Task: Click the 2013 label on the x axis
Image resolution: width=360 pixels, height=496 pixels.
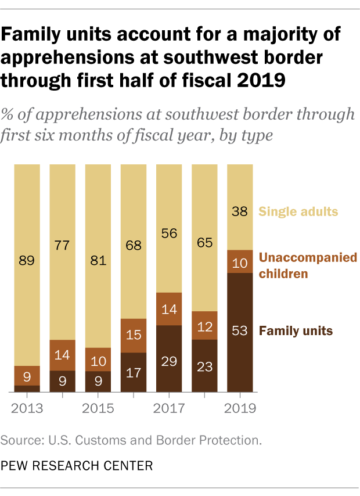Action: point(27,408)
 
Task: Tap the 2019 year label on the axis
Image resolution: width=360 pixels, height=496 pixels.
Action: point(240,408)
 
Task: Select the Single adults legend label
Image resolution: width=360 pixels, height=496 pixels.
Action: point(298,211)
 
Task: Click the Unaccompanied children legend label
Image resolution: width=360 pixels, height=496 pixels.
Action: point(308,264)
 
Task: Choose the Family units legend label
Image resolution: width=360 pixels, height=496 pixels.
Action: point(296,331)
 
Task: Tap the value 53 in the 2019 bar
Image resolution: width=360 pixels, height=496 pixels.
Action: point(240,332)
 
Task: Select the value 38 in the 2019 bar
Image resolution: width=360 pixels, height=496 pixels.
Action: point(240,212)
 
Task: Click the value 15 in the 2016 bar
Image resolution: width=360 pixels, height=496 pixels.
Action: point(134,335)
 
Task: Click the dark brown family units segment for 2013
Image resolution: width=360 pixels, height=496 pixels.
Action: point(27,389)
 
